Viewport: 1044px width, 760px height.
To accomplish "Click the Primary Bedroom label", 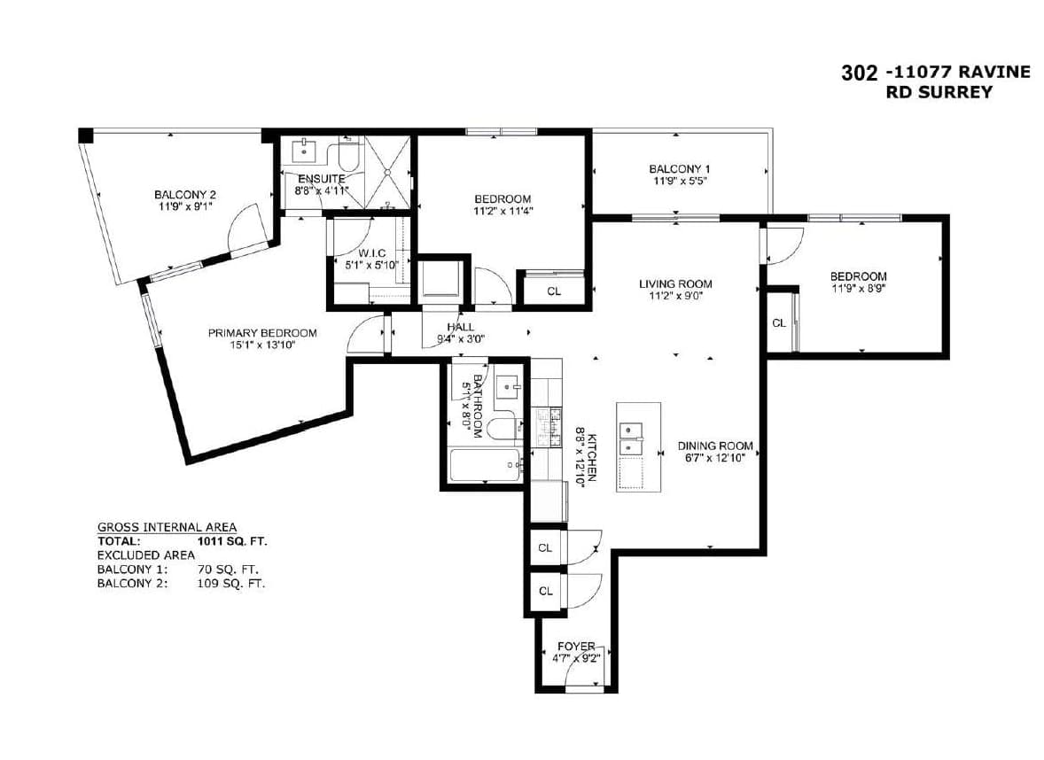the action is tap(262, 333).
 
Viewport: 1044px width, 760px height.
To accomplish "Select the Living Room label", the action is tap(675, 284).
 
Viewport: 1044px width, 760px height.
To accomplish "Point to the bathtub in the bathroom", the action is tap(486, 465).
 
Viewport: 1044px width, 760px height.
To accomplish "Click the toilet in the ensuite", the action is tap(349, 154).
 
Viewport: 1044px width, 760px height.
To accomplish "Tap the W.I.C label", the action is tap(371, 253).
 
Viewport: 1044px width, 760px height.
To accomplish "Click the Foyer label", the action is tap(576, 647).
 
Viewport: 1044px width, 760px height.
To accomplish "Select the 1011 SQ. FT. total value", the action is tap(232, 542).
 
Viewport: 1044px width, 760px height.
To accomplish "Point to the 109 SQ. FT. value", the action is tap(231, 584).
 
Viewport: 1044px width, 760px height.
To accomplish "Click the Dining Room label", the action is tap(715, 446).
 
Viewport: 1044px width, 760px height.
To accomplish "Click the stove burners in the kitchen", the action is tap(549, 427).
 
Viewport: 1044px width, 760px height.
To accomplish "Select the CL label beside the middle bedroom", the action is tap(554, 291).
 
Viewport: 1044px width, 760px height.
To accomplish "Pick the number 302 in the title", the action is tap(860, 73).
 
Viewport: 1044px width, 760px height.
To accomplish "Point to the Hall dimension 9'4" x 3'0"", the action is tap(461, 338).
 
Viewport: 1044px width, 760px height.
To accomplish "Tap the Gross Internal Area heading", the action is tap(168, 527).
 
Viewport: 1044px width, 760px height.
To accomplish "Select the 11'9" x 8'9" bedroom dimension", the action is tap(858, 289).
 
